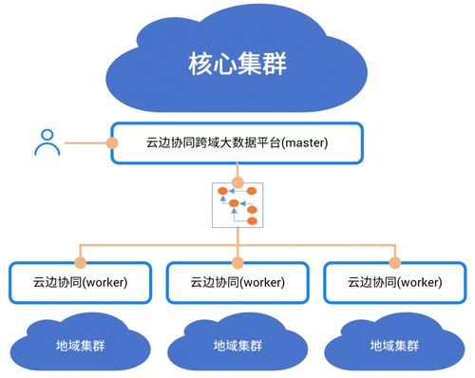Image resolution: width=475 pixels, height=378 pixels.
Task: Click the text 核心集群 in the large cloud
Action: (237, 65)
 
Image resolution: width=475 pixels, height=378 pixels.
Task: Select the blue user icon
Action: (46, 142)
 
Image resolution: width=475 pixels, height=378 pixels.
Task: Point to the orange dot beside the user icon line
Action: (112, 143)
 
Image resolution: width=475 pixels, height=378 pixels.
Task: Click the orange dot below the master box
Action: (237, 180)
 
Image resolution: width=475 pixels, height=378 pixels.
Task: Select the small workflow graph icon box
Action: (237, 206)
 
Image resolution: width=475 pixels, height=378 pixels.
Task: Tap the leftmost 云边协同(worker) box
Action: (80, 282)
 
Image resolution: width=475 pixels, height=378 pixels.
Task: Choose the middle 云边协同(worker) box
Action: (237, 282)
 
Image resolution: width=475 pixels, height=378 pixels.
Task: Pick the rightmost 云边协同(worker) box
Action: (394, 282)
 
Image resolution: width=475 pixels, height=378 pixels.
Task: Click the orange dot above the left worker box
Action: (80, 260)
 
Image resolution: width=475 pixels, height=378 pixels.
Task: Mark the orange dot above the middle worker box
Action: (237, 260)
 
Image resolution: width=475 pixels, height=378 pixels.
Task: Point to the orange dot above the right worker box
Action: (395, 260)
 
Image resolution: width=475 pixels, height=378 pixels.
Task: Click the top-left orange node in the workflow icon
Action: (223, 191)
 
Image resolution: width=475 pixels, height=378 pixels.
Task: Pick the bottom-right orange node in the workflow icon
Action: (252, 220)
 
